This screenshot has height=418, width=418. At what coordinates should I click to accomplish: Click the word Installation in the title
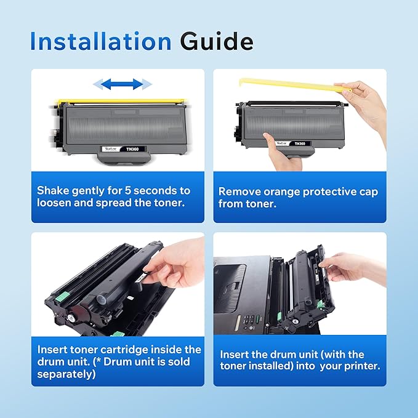coord(100,41)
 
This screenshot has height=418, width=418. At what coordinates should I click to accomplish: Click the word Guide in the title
coord(217,41)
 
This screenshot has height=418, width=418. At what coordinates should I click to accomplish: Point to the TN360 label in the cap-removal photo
coord(300,143)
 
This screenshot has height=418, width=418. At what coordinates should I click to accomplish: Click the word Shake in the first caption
coord(52,191)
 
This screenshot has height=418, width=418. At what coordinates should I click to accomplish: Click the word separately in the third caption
coord(64,374)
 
